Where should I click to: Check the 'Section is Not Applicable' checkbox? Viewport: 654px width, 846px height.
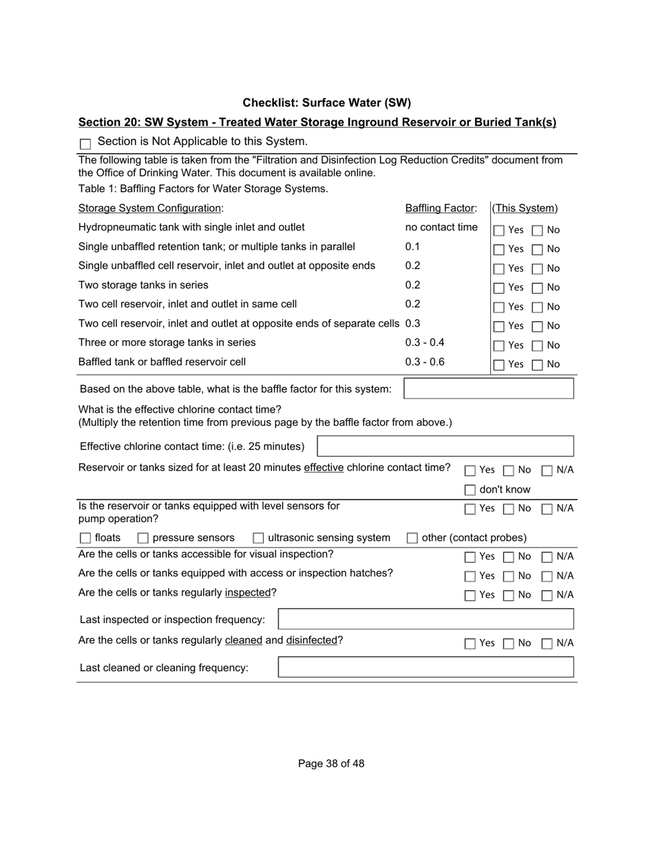click(85, 144)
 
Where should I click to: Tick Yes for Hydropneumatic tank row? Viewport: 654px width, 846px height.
click(499, 230)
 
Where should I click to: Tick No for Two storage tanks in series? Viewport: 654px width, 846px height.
click(538, 288)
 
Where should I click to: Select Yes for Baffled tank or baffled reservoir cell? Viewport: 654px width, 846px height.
click(499, 365)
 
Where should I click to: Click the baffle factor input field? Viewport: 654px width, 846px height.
click(488, 389)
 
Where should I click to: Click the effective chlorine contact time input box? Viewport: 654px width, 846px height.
click(445, 446)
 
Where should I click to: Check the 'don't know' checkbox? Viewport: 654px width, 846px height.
click(470, 490)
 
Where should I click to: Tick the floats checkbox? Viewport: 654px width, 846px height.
click(85, 538)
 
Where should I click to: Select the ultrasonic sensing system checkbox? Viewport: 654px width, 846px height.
click(259, 538)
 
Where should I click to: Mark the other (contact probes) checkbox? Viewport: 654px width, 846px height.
click(412, 538)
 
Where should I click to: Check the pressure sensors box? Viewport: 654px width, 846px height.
click(143, 538)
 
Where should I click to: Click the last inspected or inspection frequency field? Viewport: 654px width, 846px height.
click(425, 619)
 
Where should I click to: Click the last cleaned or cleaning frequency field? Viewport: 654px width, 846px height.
click(425, 667)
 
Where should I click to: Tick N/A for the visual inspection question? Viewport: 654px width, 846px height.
click(547, 557)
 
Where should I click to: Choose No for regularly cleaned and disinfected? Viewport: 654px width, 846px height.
click(509, 644)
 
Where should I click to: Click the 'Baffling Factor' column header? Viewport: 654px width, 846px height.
click(441, 208)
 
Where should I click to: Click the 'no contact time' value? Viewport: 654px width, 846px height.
click(441, 228)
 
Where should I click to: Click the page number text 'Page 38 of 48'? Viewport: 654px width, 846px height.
click(331, 763)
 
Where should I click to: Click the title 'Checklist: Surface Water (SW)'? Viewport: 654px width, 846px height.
click(326, 103)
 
